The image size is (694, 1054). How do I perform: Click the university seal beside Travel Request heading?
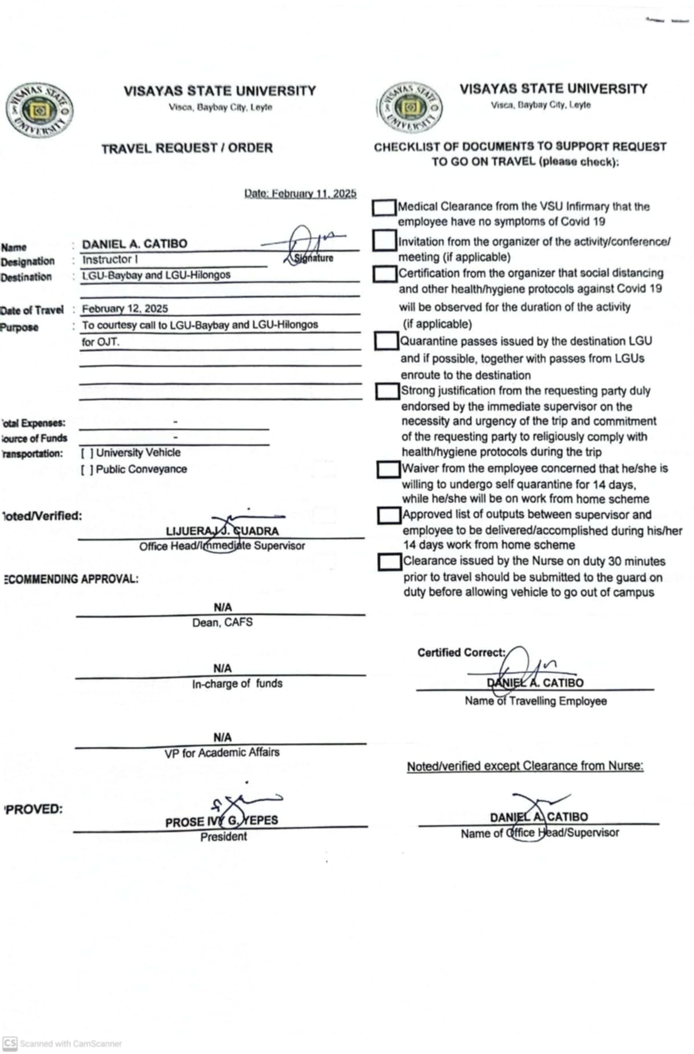pyautogui.click(x=39, y=110)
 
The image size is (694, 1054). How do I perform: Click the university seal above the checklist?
pyautogui.click(x=409, y=107)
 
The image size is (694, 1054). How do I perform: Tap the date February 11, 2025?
pyautogui.click(x=300, y=194)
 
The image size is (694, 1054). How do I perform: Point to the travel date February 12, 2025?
pyautogui.click(x=125, y=309)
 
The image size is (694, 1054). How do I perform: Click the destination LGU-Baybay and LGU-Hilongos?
pyautogui.click(x=156, y=275)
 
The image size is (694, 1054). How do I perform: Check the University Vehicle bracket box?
pyautogui.click(x=87, y=453)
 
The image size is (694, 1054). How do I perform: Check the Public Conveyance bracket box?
pyautogui.click(x=87, y=470)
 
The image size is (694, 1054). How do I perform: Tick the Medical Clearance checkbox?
pyautogui.click(x=384, y=208)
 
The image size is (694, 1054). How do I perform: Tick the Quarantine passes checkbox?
pyautogui.click(x=387, y=341)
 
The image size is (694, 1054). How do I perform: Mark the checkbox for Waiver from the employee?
pyautogui.click(x=389, y=469)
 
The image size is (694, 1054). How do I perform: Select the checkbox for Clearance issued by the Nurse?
pyautogui.click(x=390, y=561)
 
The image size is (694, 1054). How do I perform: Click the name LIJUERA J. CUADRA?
pyautogui.click(x=222, y=531)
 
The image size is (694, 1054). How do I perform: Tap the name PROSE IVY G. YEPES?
pyautogui.click(x=221, y=821)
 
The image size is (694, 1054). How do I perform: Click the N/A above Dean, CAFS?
pyautogui.click(x=223, y=608)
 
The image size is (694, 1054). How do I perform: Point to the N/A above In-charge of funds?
pyautogui.click(x=223, y=669)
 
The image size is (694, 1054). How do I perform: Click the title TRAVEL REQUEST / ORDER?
pyautogui.click(x=187, y=149)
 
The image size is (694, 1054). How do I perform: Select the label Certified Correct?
pyautogui.click(x=461, y=653)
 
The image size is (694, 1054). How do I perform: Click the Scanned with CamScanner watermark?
pyautogui.click(x=63, y=1044)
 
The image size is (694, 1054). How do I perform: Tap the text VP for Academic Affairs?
pyautogui.click(x=222, y=753)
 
